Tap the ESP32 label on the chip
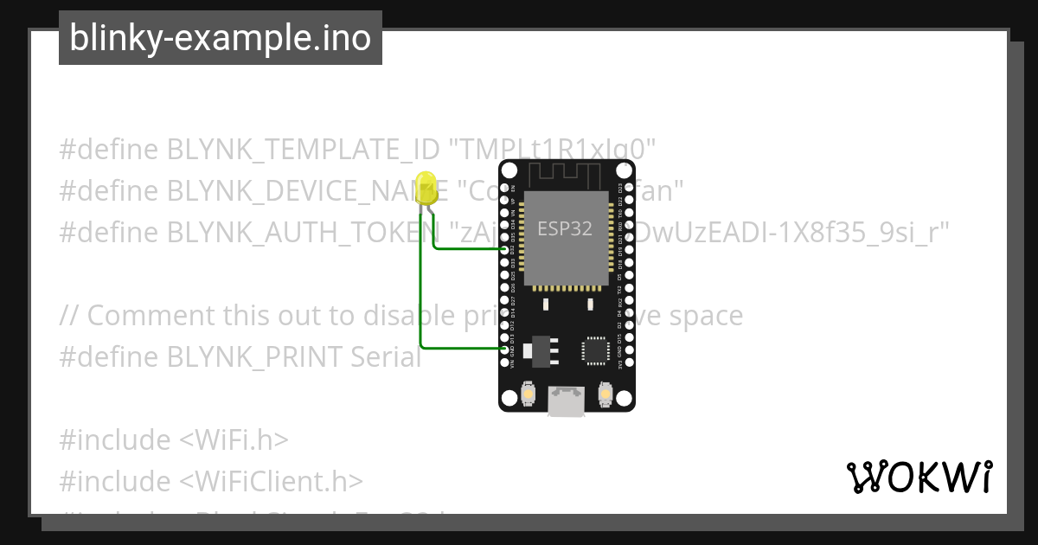(565, 229)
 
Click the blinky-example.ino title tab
(221, 38)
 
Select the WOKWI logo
(919, 477)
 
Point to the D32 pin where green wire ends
(505, 249)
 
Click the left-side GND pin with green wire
(505, 349)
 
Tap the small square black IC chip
(595, 349)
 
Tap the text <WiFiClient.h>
(272, 481)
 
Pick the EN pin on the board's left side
(505, 188)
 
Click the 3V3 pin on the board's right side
(629, 361)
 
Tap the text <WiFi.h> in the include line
(234, 440)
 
